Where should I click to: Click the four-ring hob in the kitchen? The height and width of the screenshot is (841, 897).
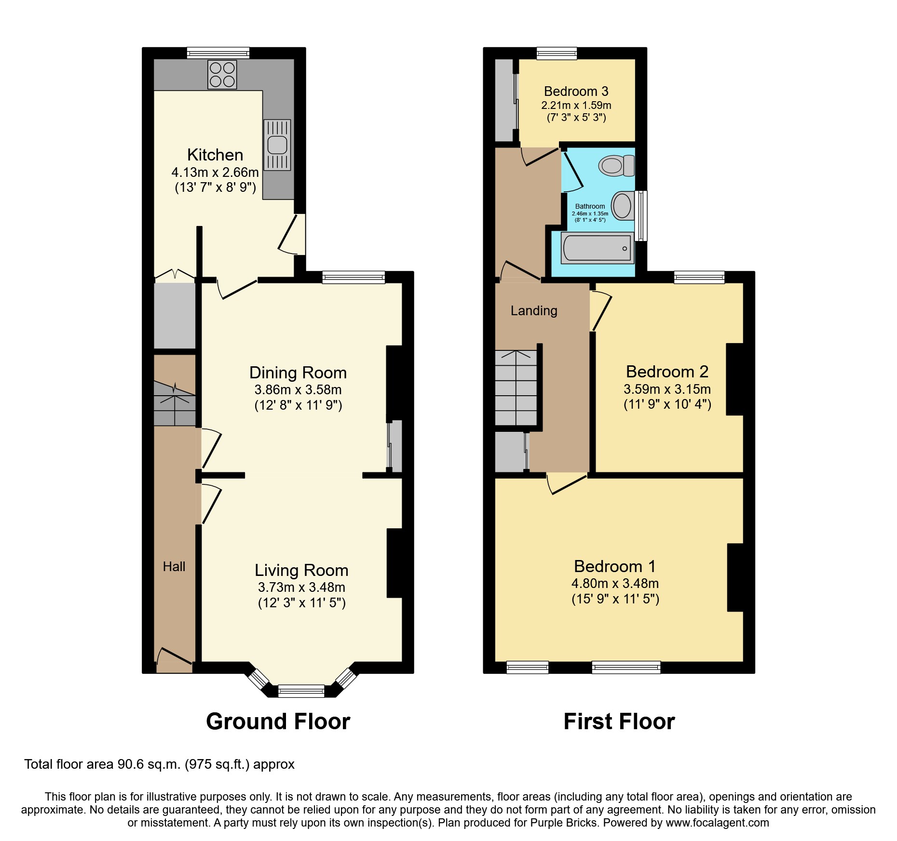(x=222, y=75)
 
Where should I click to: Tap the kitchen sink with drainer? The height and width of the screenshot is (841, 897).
(x=277, y=145)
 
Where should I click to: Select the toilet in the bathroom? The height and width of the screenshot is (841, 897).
(x=617, y=166)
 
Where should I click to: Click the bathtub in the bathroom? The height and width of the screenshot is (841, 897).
(x=597, y=248)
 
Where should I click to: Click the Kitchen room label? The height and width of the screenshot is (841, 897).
(x=215, y=155)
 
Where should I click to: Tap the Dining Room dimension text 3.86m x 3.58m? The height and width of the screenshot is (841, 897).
(x=298, y=389)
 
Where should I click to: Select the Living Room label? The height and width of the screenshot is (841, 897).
(x=301, y=570)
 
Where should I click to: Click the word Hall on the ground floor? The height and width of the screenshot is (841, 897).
(x=174, y=567)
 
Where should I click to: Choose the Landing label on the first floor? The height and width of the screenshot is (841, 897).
(x=534, y=311)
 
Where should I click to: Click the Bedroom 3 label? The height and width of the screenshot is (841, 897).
(x=576, y=92)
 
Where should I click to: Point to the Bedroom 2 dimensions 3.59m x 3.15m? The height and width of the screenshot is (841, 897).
(x=667, y=389)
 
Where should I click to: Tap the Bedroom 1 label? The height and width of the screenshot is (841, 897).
(x=615, y=566)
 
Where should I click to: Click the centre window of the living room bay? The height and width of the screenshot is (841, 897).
(x=301, y=691)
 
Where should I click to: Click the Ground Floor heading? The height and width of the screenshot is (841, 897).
(x=278, y=721)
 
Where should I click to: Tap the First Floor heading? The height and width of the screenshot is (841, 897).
(x=619, y=721)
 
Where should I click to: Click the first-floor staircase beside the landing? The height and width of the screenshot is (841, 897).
(x=516, y=388)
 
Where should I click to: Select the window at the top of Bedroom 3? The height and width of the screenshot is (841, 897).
(x=557, y=53)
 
